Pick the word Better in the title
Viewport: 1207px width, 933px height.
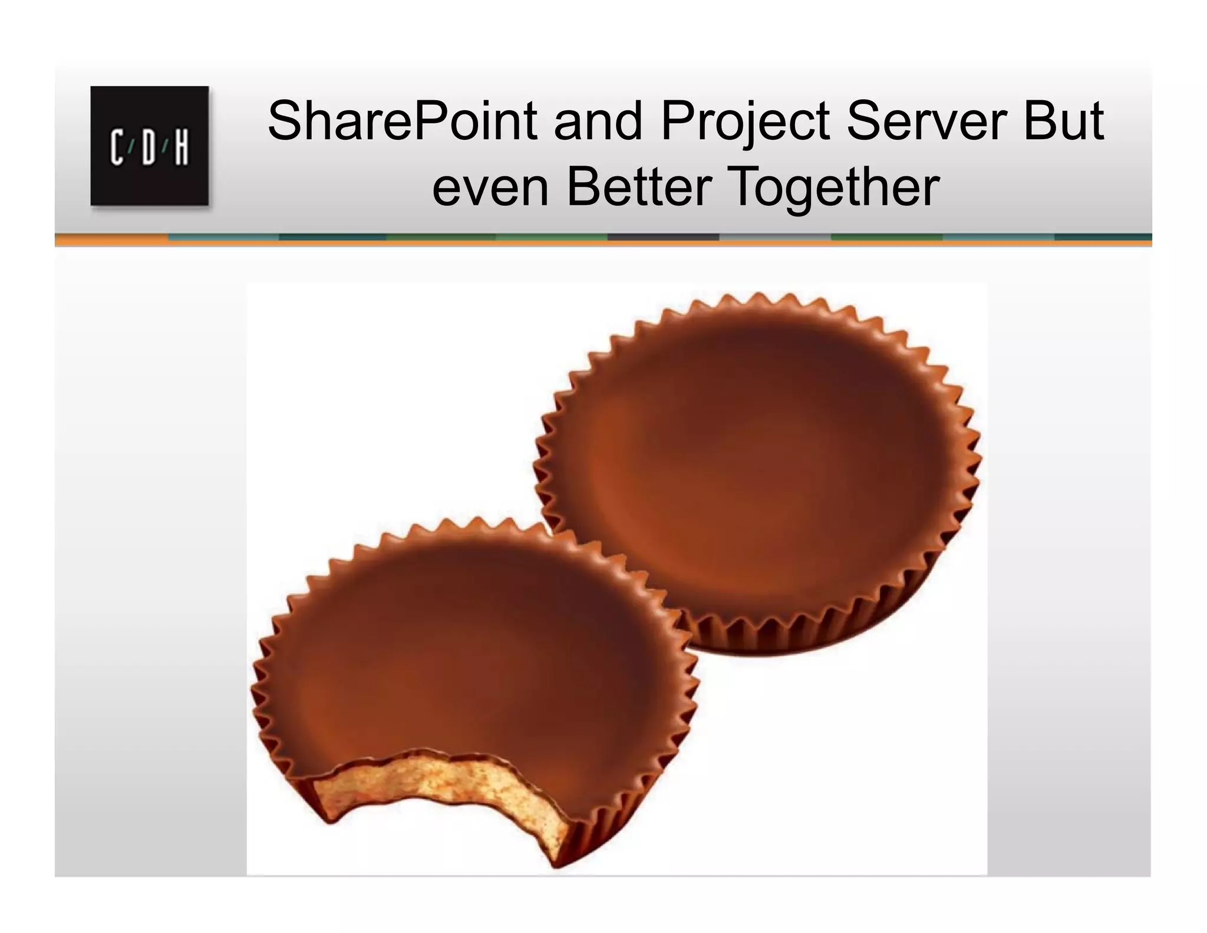coord(639,188)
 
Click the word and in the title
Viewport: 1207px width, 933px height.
coord(598,121)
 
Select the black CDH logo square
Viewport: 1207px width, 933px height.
coord(149,146)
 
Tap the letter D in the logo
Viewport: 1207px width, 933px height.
coord(149,148)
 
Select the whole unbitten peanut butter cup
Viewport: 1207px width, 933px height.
coord(757,472)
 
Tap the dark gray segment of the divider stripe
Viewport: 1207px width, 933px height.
coord(663,237)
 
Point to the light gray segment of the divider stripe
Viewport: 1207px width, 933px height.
coord(775,237)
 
